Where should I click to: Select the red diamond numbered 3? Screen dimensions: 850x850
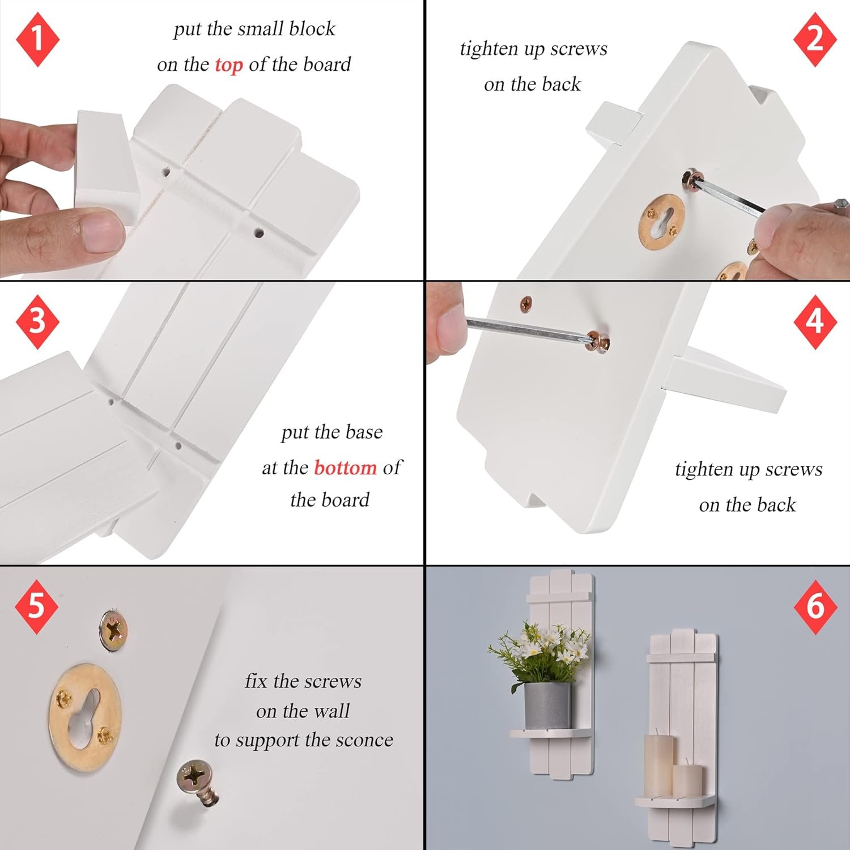[x=37, y=321]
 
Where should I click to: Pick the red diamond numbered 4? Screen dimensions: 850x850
[x=815, y=321]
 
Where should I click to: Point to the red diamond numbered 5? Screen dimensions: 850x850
[x=36, y=606]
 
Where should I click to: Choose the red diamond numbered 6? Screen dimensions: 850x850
[x=815, y=606]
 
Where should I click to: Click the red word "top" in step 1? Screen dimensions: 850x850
[x=228, y=66]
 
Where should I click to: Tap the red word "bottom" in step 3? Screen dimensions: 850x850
[x=345, y=467]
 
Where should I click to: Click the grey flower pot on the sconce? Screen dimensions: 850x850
[x=547, y=706]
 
